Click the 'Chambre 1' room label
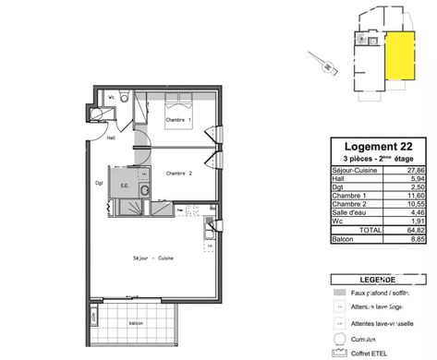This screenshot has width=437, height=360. (x=177, y=121)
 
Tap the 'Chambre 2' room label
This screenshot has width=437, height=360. (x=178, y=173)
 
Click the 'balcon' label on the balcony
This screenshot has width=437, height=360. (x=136, y=322)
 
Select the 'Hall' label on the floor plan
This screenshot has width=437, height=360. (x=110, y=138)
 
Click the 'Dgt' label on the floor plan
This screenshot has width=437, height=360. (x=101, y=182)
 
